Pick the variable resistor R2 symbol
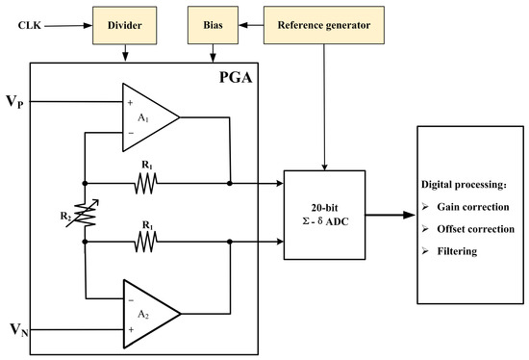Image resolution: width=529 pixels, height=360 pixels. (x=86, y=214)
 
